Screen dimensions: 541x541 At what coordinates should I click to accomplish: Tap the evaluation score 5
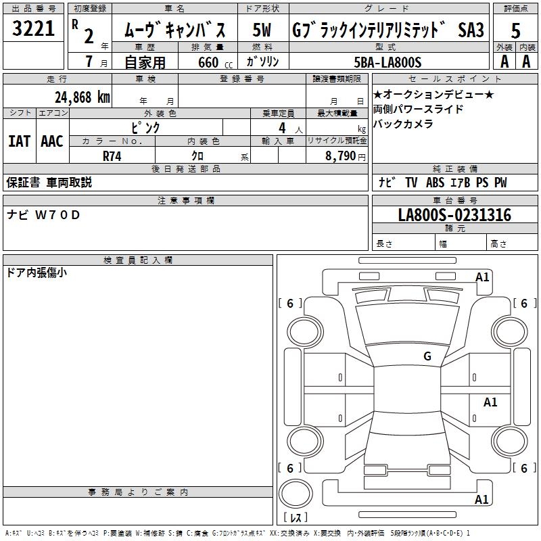point(516,30)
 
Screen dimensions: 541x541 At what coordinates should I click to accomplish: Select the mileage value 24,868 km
point(83,97)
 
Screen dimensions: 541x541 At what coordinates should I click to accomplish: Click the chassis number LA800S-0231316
point(454,215)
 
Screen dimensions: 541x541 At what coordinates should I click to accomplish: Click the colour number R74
point(112,156)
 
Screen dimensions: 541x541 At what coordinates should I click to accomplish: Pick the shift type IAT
point(19,141)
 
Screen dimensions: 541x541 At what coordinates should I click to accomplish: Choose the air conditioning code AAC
point(51,141)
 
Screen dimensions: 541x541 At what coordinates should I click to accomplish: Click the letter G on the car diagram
point(427,356)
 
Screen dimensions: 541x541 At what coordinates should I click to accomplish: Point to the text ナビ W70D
point(43,215)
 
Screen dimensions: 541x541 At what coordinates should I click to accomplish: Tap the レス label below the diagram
point(295,517)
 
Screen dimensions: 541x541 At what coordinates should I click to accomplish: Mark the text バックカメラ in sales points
point(403,124)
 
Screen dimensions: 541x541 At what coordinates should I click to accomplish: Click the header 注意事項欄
point(185,201)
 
